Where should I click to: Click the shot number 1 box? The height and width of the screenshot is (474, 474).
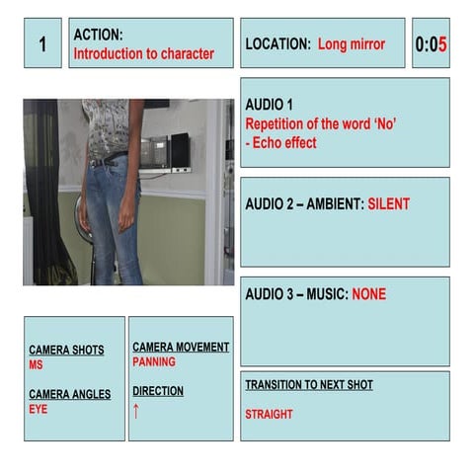[42, 43]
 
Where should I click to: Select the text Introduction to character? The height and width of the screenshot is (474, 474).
[144, 54]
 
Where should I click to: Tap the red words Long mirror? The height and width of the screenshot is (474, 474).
[352, 44]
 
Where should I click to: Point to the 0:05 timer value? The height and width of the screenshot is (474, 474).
[431, 44]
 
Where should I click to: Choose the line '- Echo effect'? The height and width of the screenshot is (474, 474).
[281, 143]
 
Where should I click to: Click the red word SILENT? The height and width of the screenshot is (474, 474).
[388, 204]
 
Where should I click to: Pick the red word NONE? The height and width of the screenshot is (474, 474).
[366, 294]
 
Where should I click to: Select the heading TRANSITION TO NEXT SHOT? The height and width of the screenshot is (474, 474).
[309, 384]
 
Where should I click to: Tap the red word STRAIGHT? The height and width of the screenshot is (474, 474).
[269, 415]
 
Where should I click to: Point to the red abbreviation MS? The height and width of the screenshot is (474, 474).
[36, 364]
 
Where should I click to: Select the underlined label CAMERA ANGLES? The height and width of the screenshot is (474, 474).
[69, 394]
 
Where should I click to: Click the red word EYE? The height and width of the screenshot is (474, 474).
[38, 409]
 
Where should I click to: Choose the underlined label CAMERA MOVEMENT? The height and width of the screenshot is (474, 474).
[181, 347]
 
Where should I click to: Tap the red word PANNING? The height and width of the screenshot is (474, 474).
[154, 362]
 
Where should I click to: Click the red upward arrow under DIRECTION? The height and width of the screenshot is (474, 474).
[136, 411]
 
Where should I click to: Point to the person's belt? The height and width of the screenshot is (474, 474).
[108, 158]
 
